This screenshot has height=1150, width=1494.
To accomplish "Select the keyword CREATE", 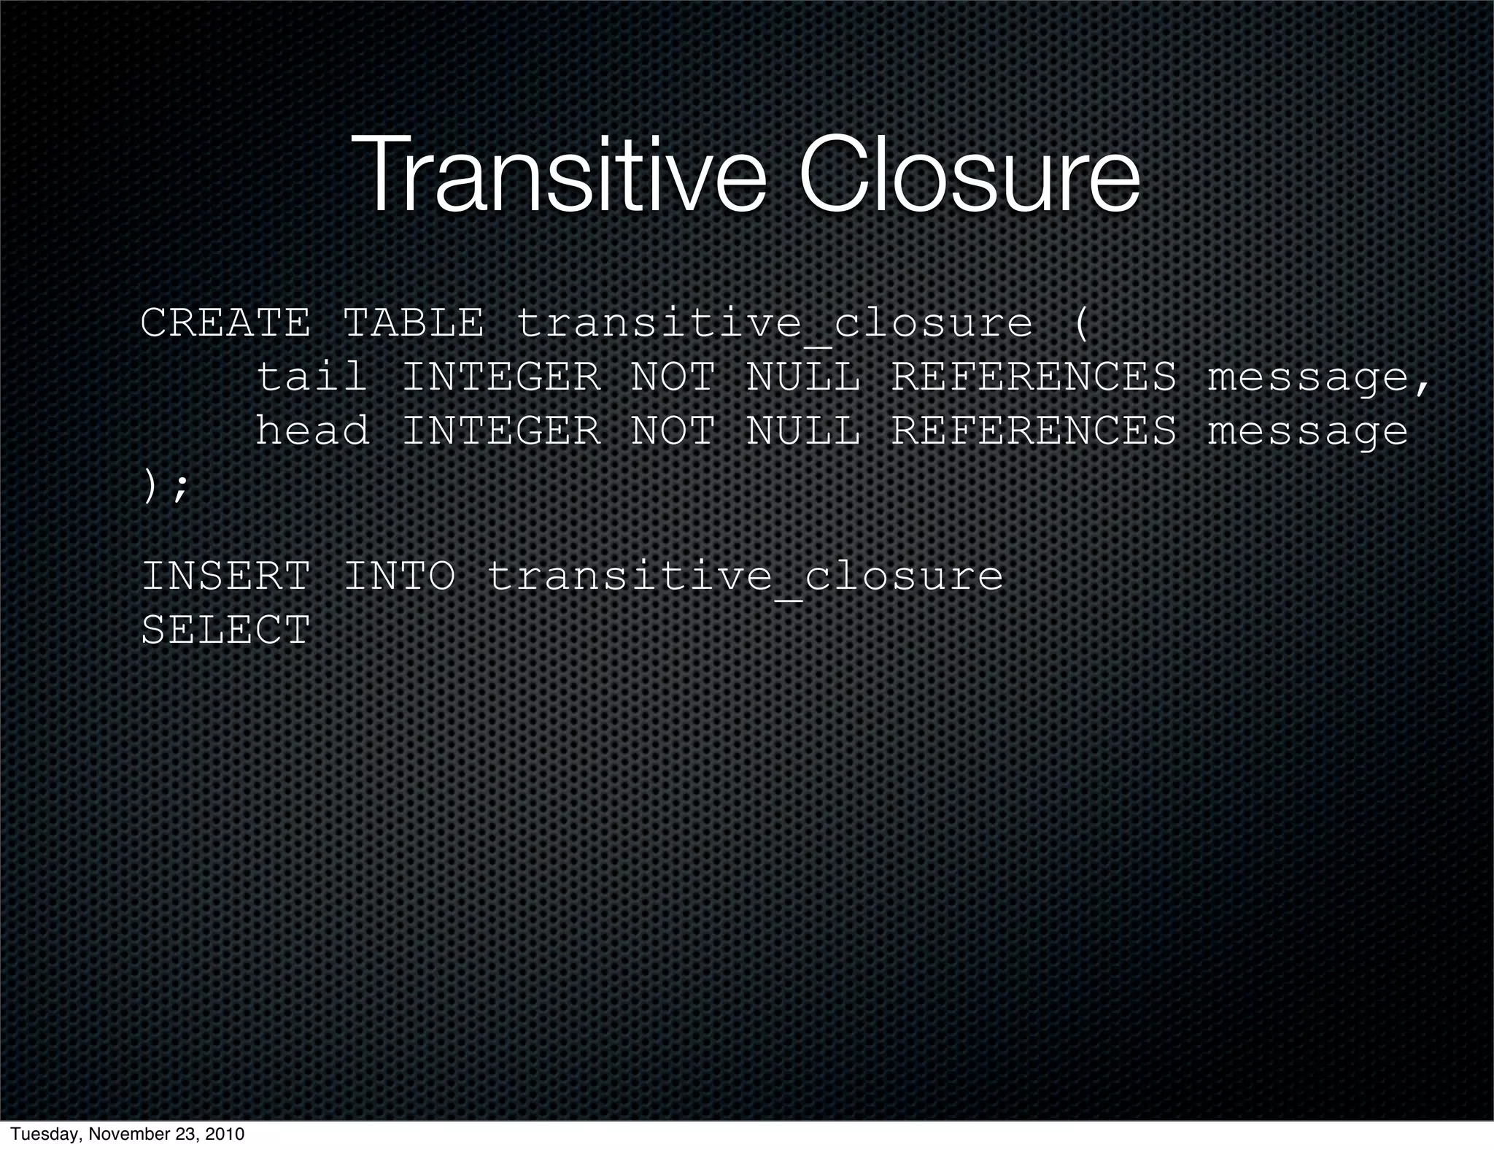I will click(x=225, y=323).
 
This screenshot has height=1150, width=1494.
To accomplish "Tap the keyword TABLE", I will click(x=413, y=323).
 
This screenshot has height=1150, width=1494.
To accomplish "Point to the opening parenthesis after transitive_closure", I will click(x=1081, y=324).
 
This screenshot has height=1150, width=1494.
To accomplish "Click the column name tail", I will click(x=311, y=377).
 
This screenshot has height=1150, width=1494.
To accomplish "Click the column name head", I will click(x=312, y=431).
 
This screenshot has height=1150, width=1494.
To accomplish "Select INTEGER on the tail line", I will click(x=501, y=377).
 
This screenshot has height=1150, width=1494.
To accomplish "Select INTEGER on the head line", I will click(x=501, y=431).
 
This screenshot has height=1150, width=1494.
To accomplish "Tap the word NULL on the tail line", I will click(x=802, y=377).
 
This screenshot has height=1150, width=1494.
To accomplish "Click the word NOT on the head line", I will click(x=673, y=431).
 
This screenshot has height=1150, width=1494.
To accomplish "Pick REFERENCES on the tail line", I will click(x=1034, y=377).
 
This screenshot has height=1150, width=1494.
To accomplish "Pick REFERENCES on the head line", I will click(x=1034, y=431).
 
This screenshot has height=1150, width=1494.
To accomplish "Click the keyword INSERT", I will click(x=225, y=576).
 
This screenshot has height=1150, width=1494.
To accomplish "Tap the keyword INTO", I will click(x=399, y=576).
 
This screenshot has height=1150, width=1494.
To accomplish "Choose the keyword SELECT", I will click(x=225, y=630).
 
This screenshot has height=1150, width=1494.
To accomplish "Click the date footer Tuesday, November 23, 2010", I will click(x=128, y=1134).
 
